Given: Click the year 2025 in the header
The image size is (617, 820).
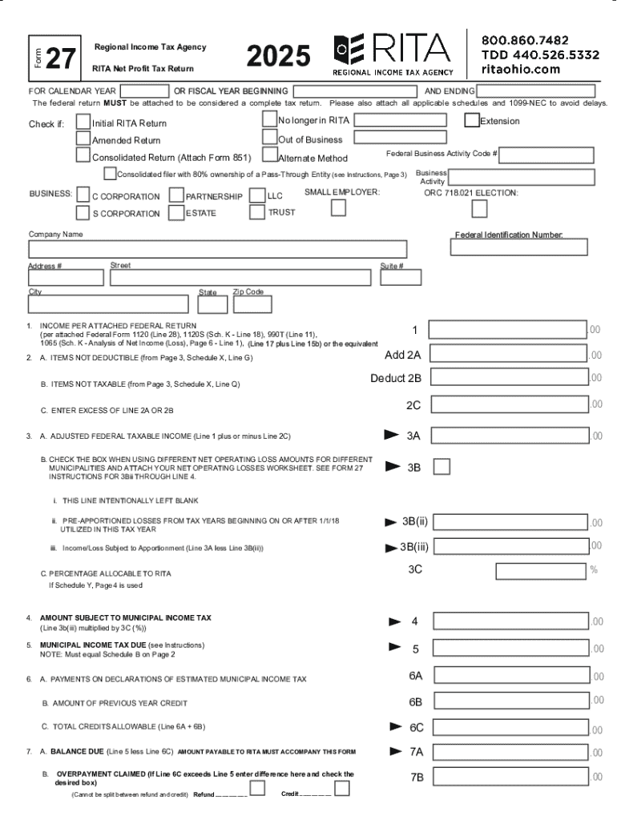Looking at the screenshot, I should [278, 56].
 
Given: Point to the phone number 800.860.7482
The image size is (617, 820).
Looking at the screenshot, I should [525, 39].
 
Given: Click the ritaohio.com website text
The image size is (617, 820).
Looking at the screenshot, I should [520, 69].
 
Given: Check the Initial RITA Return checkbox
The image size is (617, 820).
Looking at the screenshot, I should [83, 122].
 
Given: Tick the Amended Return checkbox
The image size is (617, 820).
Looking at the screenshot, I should [83, 139].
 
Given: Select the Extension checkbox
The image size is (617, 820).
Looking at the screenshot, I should [472, 121].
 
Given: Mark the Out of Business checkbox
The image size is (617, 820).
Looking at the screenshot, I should [269, 138].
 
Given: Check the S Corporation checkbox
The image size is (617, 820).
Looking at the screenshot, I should [83, 213].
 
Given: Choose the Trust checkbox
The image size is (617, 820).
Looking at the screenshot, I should [256, 212].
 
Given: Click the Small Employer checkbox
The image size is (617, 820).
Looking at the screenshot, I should [339, 208].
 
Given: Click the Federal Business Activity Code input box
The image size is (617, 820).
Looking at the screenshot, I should [548, 155].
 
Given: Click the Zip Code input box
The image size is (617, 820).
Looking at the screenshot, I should [252, 304].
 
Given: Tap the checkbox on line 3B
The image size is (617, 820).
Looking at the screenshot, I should [441, 467].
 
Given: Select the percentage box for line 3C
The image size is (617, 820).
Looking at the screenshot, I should [541, 570].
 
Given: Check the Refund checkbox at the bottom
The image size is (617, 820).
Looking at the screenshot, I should [257, 789].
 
